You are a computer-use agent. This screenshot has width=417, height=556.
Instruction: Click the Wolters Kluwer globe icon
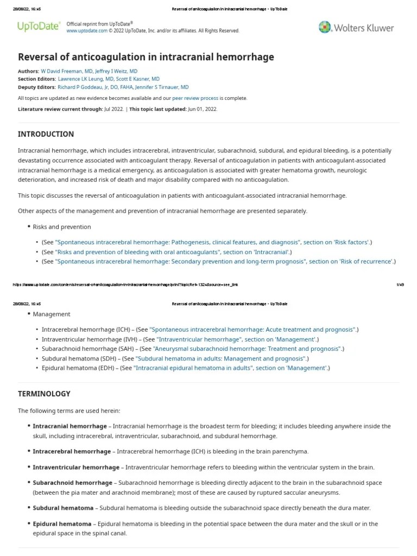coord(325,27)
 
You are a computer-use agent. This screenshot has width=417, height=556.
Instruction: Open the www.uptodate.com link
coord(87,31)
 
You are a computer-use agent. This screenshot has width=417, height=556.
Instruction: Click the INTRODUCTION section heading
coord(46,134)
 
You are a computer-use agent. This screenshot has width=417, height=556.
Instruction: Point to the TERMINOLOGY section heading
coord(44,394)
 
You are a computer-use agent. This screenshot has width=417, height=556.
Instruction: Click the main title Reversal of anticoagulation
coord(146,57)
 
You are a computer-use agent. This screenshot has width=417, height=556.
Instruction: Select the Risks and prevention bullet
coord(62,226)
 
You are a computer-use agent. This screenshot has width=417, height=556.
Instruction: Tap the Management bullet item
coord(52,314)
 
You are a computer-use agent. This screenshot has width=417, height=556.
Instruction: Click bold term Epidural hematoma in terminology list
coord(62,523)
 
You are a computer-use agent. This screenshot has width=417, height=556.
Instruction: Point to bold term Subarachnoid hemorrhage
coord(73,482)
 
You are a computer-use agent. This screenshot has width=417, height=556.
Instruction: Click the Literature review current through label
coord(60,109)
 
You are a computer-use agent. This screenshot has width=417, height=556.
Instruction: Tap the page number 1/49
coord(401,284)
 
